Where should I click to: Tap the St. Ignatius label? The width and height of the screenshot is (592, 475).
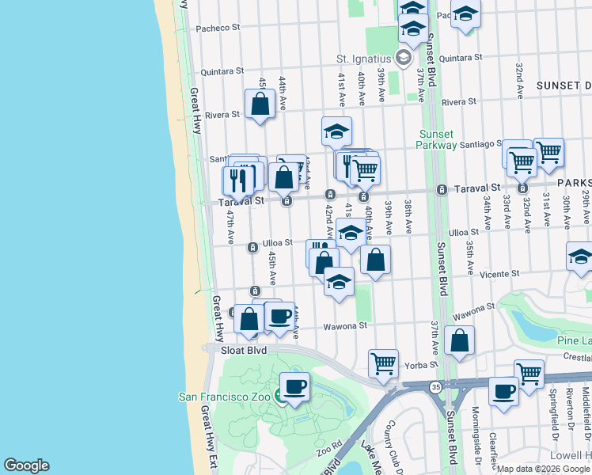click(364, 59)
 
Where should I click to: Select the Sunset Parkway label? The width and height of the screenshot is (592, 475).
click(437, 139)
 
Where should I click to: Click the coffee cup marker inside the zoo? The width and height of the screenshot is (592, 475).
click(294, 387)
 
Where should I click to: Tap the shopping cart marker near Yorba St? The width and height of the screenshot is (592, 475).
click(383, 363)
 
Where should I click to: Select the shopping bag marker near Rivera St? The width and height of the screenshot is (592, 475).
click(260, 104)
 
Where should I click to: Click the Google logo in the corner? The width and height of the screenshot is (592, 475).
click(26, 465)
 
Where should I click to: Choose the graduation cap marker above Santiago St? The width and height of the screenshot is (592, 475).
click(336, 131)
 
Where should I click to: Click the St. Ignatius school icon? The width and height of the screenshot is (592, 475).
click(404, 58)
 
